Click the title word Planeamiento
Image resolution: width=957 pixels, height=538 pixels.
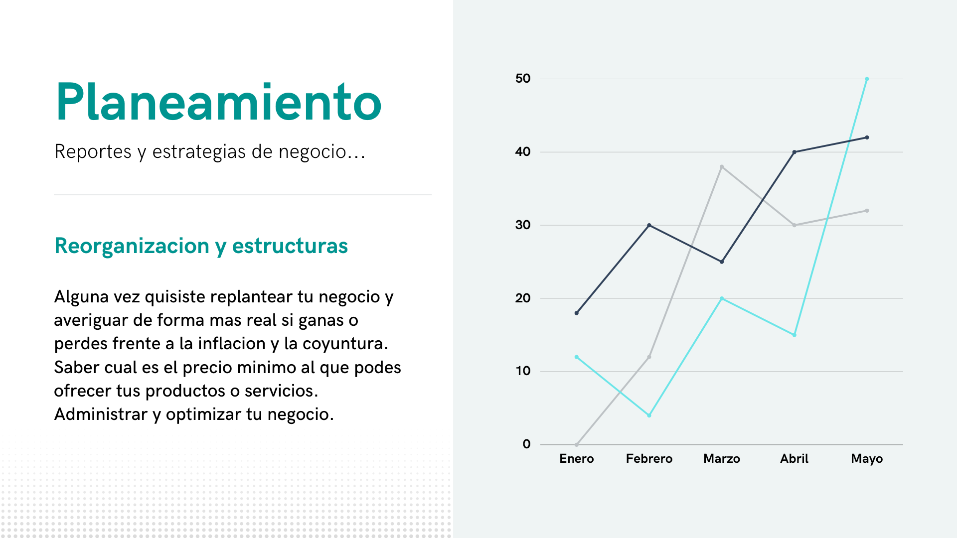click(x=219, y=102)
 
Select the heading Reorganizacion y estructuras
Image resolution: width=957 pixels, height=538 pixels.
click(x=201, y=246)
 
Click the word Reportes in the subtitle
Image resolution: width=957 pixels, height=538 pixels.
click(x=93, y=151)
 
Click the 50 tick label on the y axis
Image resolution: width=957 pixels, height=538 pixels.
click(x=523, y=79)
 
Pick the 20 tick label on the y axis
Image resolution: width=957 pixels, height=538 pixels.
click(x=523, y=298)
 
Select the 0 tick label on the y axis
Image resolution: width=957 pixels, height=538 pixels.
click(x=527, y=444)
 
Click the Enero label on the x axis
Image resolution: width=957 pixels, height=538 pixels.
click(x=577, y=459)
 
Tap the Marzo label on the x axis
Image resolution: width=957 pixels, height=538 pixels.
click(x=722, y=459)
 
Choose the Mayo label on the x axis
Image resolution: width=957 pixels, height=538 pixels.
click(x=867, y=459)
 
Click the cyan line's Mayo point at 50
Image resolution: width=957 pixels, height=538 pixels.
click(x=867, y=79)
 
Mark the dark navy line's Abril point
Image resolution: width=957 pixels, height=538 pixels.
click(x=795, y=152)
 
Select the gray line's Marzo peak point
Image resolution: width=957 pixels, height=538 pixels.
click(x=722, y=167)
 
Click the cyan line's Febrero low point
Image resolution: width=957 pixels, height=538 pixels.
click(x=649, y=415)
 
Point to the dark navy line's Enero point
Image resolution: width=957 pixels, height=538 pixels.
click(x=577, y=313)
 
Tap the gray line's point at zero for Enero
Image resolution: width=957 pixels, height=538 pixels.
click(x=577, y=444)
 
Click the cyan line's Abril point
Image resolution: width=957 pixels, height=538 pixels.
click(x=795, y=335)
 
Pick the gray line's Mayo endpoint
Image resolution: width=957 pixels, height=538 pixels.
click(x=867, y=211)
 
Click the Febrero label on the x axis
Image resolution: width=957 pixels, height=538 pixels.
click(x=649, y=459)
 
